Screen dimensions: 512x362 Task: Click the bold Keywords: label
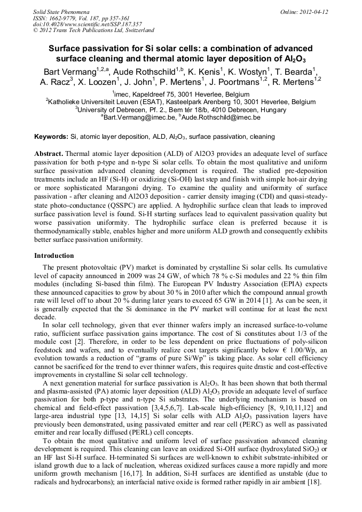click(x=51, y=137)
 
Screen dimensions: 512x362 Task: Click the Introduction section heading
click(x=54, y=256)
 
